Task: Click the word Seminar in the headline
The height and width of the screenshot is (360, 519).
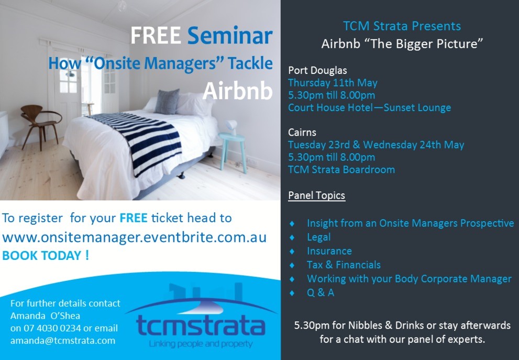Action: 230,36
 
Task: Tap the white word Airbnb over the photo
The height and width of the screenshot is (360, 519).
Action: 238,91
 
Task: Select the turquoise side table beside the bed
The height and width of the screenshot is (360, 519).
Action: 233,151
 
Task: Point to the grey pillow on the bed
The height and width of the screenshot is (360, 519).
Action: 168,101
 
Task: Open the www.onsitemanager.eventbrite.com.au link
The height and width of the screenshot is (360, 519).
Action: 134,237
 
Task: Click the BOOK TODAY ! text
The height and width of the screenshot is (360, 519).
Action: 46,255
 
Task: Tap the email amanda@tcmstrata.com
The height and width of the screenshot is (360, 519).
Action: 63,341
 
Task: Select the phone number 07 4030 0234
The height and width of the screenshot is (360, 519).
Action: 52,328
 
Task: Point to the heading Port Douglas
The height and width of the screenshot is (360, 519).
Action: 317,71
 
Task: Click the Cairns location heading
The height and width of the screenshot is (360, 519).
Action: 302,133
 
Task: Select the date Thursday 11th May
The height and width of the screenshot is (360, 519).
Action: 333,83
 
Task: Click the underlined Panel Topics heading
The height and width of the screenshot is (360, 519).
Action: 317,195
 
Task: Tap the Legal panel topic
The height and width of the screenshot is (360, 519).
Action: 319,237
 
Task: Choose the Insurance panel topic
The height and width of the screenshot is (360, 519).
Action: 329,250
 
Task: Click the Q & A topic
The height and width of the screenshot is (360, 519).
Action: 321,292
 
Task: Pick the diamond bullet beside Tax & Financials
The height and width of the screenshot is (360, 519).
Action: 292,265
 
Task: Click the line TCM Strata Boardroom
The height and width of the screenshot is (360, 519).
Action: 341,170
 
